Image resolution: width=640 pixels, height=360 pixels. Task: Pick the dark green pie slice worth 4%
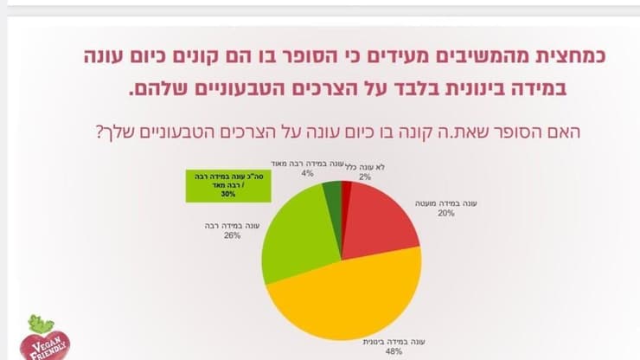pyautogui.click(x=332, y=191)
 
